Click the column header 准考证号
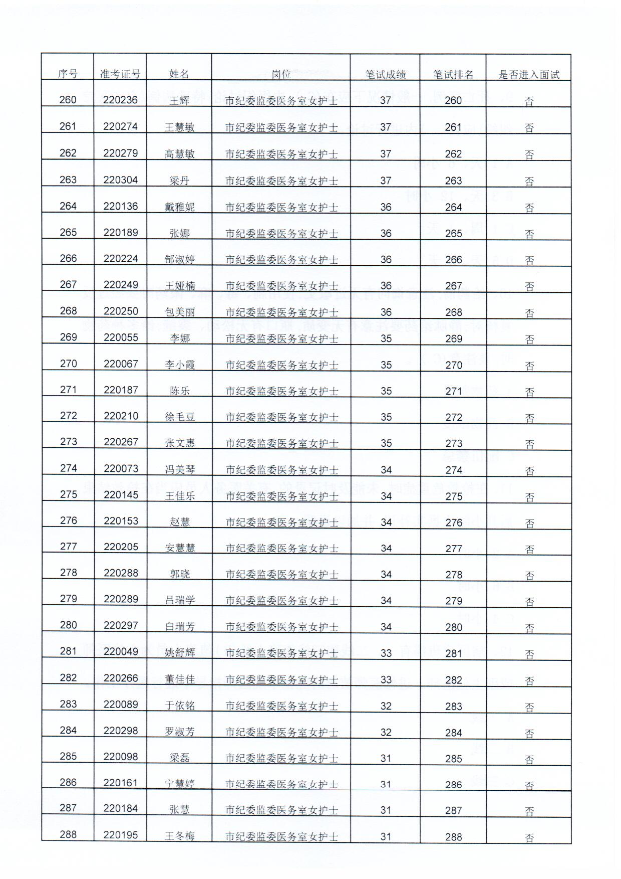pos(120,74)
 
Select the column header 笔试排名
pos(453,75)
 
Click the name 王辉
pos(179,101)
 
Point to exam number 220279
pos(120,153)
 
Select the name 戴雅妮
pos(179,207)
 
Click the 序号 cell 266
pos(68,259)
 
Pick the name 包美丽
pos(179,312)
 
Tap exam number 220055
pos(121,337)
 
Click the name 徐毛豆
pos(179,417)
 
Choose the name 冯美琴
pos(179,469)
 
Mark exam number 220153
pos(121,521)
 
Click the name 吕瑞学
pos(179,600)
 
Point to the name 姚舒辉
pos(179,652)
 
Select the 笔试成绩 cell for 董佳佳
pos(386,679)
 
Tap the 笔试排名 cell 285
pos(453,759)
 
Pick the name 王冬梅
pos(179,836)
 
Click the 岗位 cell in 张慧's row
pos(281,810)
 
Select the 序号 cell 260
pos(68,100)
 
